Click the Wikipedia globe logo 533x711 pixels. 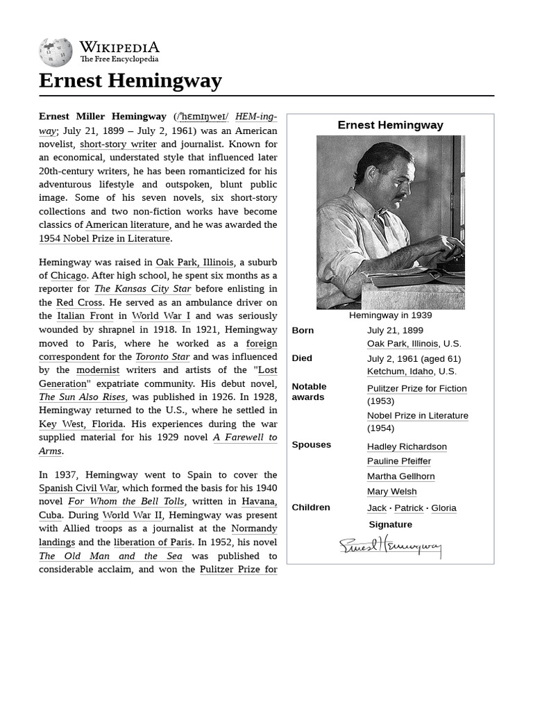tap(56, 52)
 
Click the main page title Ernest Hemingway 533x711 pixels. tap(130, 81)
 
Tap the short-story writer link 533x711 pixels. tap(118, 144)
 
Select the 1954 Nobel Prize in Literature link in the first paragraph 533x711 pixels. tap(104, 238)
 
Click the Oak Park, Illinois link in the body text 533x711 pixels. tap(195, 262)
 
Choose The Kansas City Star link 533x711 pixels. tap(142, 289)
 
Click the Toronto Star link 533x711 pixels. tap(162, 357)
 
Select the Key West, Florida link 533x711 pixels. tap(81, 424)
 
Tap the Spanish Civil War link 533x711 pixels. tap(78, 489)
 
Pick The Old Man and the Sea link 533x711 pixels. tap(111, 556)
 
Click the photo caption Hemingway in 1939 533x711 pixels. tap(390, 315)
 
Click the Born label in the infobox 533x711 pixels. tap(303, 331)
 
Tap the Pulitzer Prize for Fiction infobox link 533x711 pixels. tap(416, 389)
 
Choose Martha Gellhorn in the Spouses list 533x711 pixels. tap(400, 476)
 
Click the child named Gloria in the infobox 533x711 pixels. tap(443, 508)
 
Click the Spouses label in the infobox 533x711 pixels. tap(311, 444)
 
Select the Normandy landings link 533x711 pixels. tap(254, 529)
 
